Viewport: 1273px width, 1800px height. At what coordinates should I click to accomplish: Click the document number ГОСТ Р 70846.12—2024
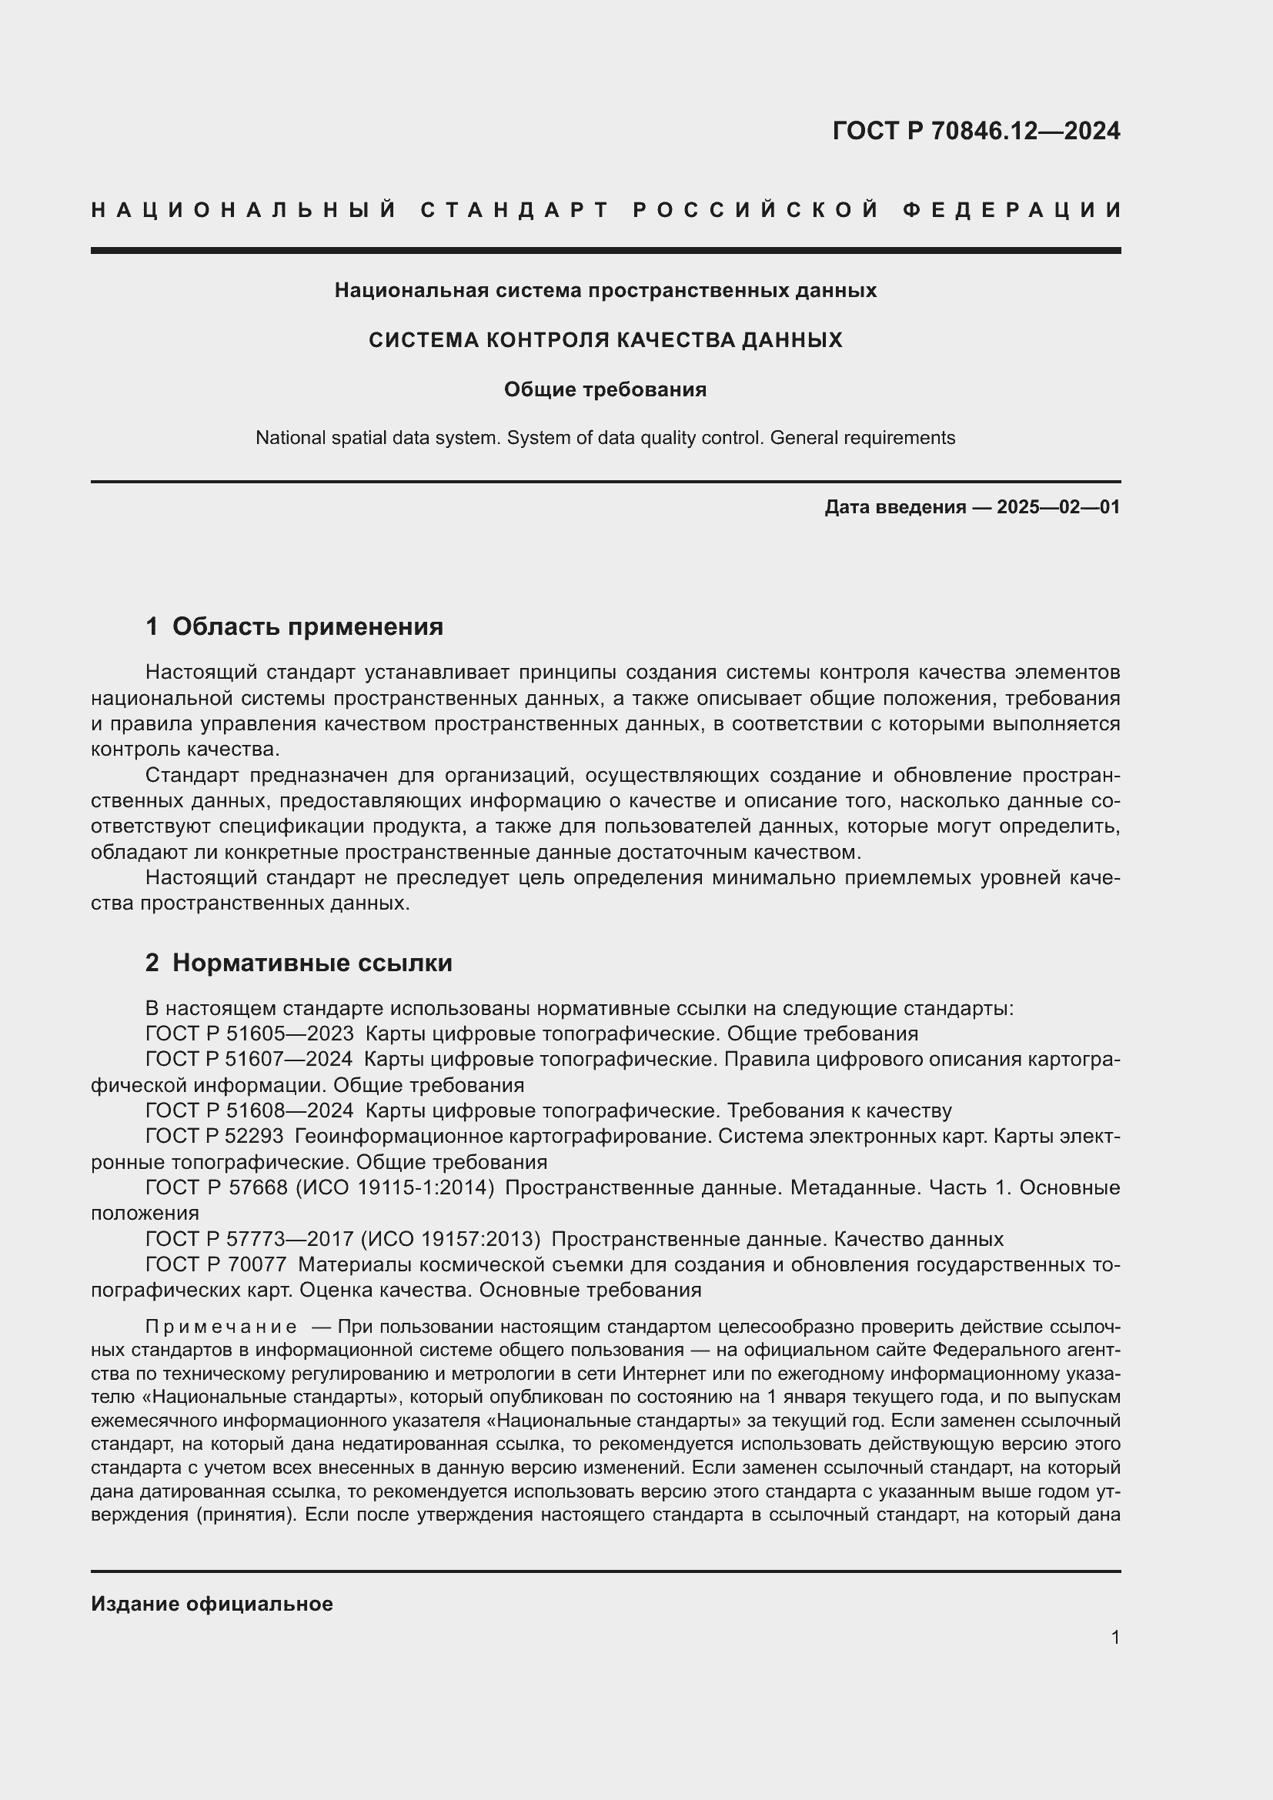[976, 131]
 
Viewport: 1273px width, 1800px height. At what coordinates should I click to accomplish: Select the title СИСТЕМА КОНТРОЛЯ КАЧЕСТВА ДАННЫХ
[605, 340]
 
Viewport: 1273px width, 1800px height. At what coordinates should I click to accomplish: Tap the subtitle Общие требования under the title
[605, 389]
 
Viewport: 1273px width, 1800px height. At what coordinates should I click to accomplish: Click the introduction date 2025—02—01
[1058, 507]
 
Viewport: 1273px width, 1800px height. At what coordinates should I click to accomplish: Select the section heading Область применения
[307, 626]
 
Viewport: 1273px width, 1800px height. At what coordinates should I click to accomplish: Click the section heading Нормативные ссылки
[312, 963]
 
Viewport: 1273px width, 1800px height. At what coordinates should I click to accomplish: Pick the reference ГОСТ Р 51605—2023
[249, 1034]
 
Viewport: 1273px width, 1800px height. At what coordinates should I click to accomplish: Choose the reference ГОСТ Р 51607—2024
[249, 1060]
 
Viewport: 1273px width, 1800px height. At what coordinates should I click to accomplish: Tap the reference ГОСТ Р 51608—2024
[249, 1111]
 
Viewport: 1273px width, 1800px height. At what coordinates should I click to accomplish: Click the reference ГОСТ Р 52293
[215, 1137]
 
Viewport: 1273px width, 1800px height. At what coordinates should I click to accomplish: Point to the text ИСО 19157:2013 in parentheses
[450, 1240]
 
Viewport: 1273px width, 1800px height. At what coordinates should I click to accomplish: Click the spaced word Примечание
[221, 1327]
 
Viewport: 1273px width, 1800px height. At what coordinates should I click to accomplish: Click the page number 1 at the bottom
[1114, 1637]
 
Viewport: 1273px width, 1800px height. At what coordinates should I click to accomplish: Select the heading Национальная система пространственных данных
[605, 291]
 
